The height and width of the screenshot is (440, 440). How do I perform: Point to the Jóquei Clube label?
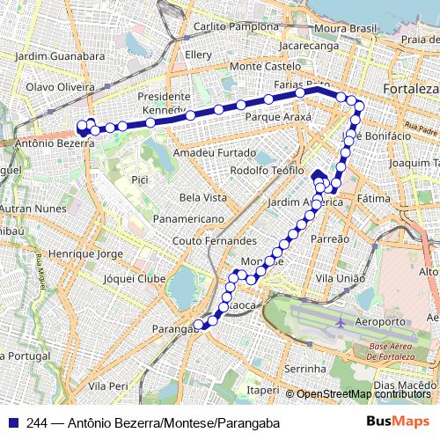134,278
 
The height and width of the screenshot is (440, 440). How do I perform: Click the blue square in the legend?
12,422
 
